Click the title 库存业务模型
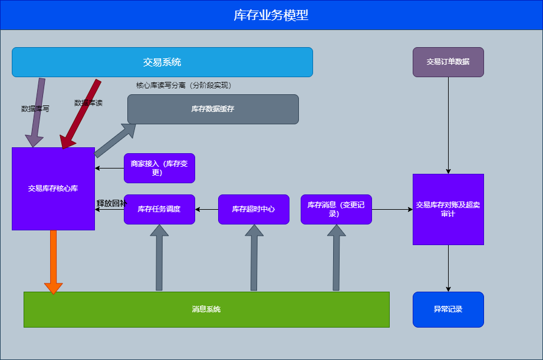coord(271,15)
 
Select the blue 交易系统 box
coord(162,62)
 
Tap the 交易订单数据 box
coord(448,62)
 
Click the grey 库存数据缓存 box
coord(213,109)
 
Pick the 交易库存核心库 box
coord(53,189)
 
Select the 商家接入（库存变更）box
coord(159,168)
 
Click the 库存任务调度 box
coord(159,209)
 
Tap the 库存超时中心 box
coord(254,209)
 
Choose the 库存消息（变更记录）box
coord(336,209)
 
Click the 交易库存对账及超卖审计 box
coord(448,209)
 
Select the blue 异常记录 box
coord(448,309)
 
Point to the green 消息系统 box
coord(206,309)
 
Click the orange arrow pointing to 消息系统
coord(53,259)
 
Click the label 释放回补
coord(111,203)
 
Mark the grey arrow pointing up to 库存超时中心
coord(254,259)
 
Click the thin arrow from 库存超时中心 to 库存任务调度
coord(206,209)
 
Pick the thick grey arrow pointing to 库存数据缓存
coord(114,141)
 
